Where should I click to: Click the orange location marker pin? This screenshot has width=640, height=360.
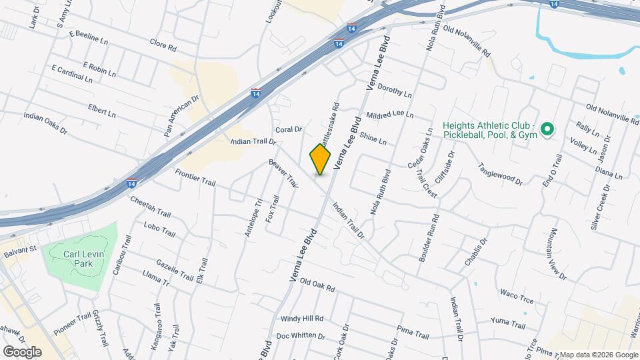pos(321,159)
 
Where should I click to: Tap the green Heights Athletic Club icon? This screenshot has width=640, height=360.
pos(547,129)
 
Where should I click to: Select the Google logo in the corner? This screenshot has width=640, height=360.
pos(22,351)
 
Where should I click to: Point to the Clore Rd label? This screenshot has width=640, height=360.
pos(163,48)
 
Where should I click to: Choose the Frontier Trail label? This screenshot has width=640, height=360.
pos(195,177)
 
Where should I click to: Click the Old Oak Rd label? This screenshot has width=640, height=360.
pos(317,285)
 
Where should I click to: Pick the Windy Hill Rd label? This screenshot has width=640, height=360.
pos(301,319)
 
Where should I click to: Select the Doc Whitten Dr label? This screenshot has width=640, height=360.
pos(300,336)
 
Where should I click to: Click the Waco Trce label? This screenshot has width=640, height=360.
pos(517,297)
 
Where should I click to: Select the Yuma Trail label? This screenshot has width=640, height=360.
pos(508,323)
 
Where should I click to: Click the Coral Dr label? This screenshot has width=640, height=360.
pos(289,129)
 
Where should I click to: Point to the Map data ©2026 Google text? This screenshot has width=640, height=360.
pos(598,355)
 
